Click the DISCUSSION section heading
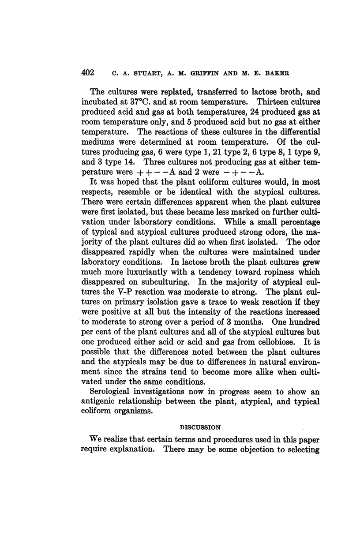tap(196, 427)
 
